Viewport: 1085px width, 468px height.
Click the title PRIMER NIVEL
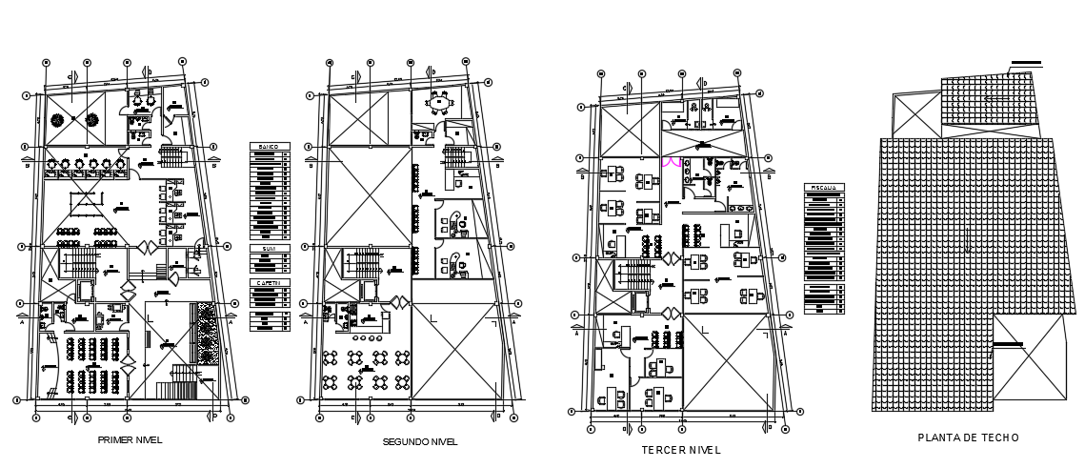130,440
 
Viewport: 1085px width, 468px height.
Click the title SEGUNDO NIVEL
419,442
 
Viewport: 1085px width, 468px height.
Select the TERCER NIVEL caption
681,449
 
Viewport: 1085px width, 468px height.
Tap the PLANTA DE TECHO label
968,437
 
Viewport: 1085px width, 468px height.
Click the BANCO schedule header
270,147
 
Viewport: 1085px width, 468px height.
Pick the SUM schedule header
270,250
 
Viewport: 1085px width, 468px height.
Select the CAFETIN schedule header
270,283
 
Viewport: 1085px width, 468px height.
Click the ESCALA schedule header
823,188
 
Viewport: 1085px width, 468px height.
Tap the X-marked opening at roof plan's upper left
916,115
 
